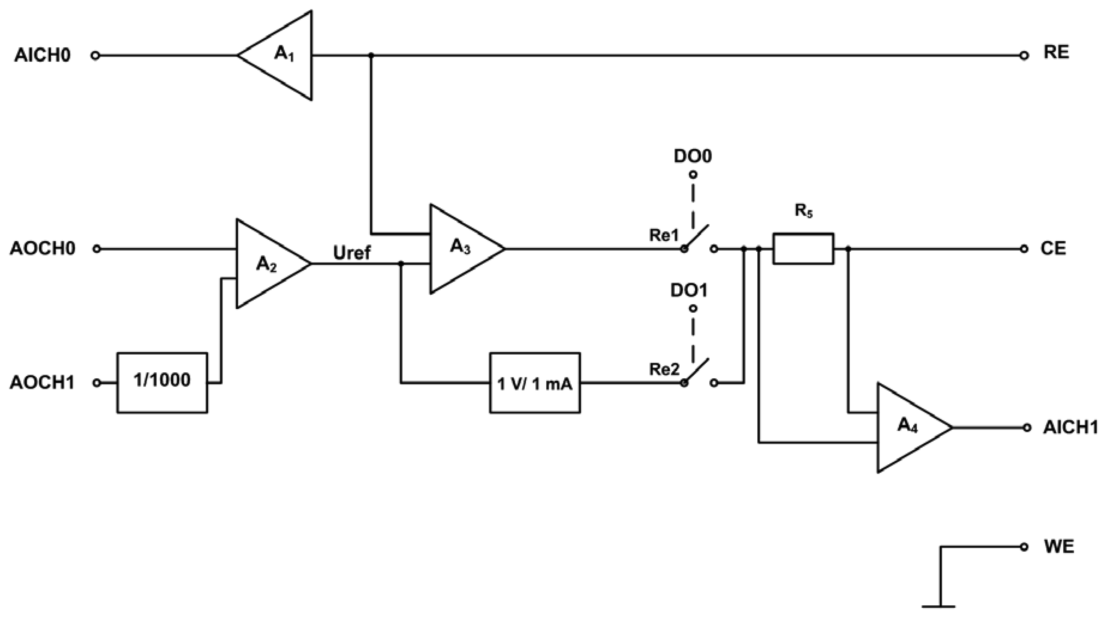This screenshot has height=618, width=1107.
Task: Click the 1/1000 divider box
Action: (x=162, y=382)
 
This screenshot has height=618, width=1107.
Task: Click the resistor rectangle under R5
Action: (x=803, y=248)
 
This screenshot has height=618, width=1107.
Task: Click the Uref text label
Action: (x=351, y=253)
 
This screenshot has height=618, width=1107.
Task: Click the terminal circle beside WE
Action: (x=1024, y=547)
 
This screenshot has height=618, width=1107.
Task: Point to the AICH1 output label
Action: (x=1070, y=427)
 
